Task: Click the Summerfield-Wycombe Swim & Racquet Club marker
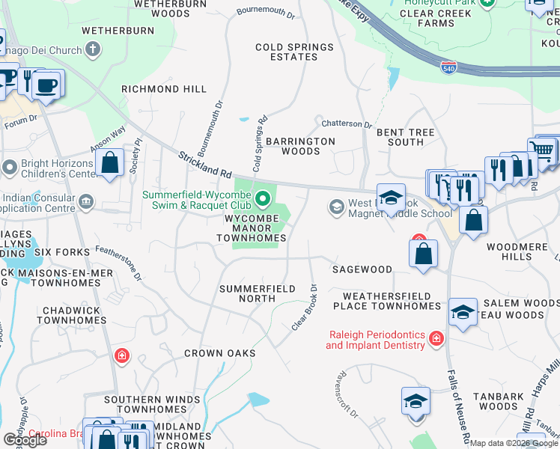pyautogui.click(x=262, y=199)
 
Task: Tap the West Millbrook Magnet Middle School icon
pyautogui.click(x=337, y=206)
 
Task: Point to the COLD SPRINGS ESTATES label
pyautogui.click(x=294, y=52)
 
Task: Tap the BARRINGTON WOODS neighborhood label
pyautogui.click(x=300, y=146)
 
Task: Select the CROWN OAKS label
pyautogui.click(x=220, y=353)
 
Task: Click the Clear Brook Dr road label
pyautogui.click(x=304, y=308)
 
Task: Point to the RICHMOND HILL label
pyautogui.click(x=164, y=89)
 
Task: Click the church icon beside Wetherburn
pyautogui.click(x=93, y=50)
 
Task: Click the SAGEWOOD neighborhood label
pyautogui.click(x=362, y=269)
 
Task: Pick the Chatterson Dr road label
pyautogui.click(x=347, y=124)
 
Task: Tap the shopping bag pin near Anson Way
pyautogui.click(x=110, y=163)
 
